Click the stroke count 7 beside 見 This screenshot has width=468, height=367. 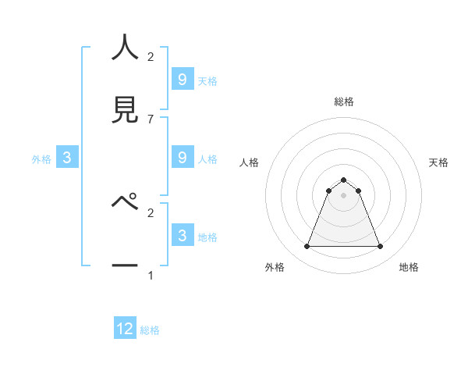[151, 119]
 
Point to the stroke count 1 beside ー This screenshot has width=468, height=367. [151, 275]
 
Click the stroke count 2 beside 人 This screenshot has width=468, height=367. [151, 57]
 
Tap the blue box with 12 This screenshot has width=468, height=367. [125, 329]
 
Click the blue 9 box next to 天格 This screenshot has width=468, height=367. [183, 80]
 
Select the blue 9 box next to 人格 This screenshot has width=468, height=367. [183, 158]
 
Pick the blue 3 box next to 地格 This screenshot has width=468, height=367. [183, 236]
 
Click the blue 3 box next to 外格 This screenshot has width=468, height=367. [67, 158]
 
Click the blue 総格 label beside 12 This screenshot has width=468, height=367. [150, 330]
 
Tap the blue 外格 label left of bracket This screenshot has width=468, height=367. [41, 159]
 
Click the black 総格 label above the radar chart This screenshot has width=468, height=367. [343, 102]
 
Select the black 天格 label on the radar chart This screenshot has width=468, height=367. [438, 162]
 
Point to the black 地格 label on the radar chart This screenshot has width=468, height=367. [409, 267]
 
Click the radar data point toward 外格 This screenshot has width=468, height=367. [307, 247]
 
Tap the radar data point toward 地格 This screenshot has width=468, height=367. [381, 247]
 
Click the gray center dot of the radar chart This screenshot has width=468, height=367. [343, 195]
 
